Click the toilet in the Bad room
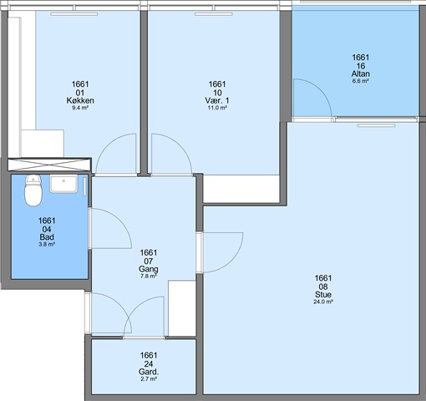[33, 190]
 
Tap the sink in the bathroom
[63, 184]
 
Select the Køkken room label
[80, 100]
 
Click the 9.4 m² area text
[80, 108]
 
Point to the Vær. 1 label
[217, 100]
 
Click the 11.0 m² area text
[217, 108]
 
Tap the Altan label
[361, 74]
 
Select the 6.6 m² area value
[361, 81]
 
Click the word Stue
[323, 294]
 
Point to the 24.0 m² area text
[323, 302]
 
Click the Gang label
[149, 269]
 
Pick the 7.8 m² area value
[149, 277]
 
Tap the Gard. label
[149, 372]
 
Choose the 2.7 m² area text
[149, 379]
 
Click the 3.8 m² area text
[47, 245]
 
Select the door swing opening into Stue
[231, 261]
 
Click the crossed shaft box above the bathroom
[49, 165]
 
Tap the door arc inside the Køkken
[107, 145]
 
